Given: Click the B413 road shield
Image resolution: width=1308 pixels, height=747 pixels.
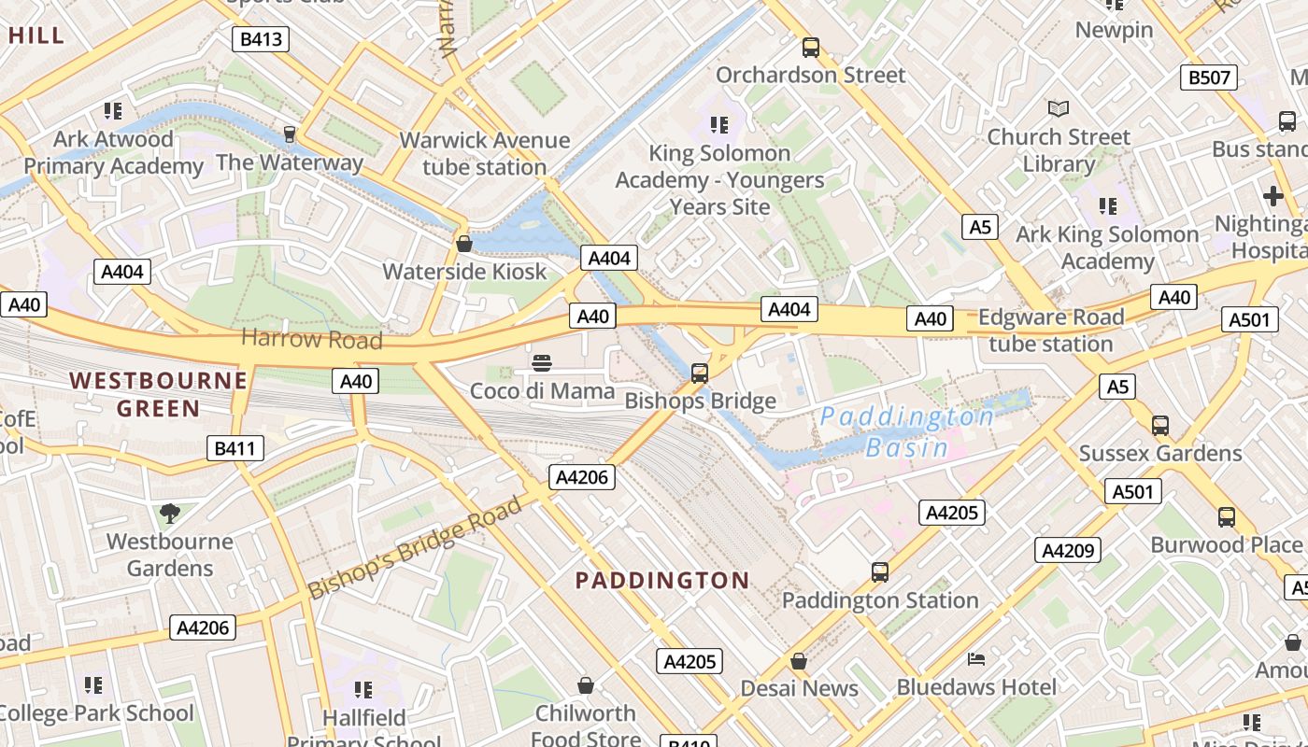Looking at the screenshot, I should click(x=261, y=39).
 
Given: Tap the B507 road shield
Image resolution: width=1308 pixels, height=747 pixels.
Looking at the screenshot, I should click(x=1209, y=78).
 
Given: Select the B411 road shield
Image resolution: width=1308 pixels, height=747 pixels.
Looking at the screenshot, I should click(x=235, y=448).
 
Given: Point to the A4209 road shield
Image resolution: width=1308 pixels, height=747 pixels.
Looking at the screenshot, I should click(x=1067, y=550).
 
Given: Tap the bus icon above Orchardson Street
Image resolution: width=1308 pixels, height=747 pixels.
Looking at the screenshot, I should click(x=811, y=47).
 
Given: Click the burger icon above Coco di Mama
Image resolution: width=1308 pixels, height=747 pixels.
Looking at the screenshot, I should click(x=542, y=362).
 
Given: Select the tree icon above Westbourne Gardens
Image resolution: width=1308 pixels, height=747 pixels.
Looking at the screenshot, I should click(x=169, y=512).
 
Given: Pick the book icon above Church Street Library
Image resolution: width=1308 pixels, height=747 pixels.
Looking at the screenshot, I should click(x=1058, y=108).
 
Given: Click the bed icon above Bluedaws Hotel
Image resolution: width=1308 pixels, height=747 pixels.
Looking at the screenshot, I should click(x=976, y=659).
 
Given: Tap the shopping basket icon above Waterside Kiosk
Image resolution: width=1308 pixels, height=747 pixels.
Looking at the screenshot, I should click(x=463, y=244).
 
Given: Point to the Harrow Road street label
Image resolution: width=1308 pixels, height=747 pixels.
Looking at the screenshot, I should click(x=312, y=338).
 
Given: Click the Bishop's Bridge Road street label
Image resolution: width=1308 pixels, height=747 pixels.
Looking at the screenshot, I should click(x=415, y=549).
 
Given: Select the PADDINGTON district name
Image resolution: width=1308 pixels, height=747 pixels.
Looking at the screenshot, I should click(x=661, y=580).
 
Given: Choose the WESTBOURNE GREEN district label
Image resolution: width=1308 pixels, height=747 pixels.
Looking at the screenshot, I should click(x=159, y=394).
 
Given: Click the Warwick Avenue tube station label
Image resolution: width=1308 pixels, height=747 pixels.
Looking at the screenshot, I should click(x=484, y=153).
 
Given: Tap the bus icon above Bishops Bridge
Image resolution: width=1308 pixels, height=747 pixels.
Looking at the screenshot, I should click(x=699, y=373).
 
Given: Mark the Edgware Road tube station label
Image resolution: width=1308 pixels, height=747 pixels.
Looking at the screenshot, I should click(x=1051, y=331).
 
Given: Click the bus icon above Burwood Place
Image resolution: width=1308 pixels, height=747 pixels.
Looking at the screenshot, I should click(x=1226, y=516).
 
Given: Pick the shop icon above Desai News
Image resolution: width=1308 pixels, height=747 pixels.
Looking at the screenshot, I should click(x=799, y=661).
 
